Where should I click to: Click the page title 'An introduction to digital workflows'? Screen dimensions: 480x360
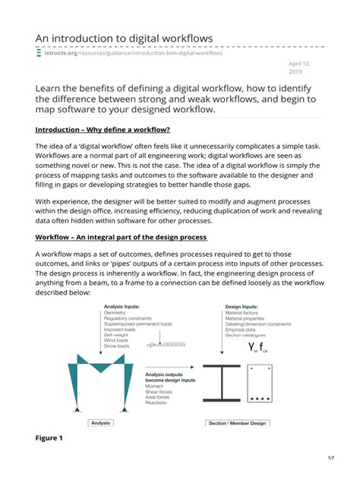pyautogui.click(x=124, y=38)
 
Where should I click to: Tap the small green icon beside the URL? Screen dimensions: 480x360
pyautogui.click(x=39, y=53)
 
